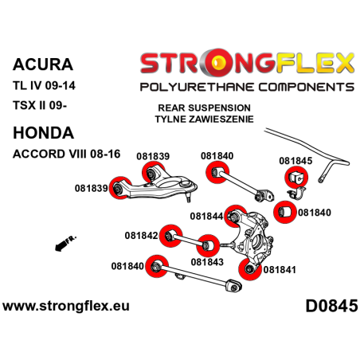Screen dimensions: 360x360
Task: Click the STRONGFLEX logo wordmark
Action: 247,60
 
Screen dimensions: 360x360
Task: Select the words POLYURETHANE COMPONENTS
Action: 247,85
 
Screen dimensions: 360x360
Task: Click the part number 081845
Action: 295,159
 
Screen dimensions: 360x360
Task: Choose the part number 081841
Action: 279,270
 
